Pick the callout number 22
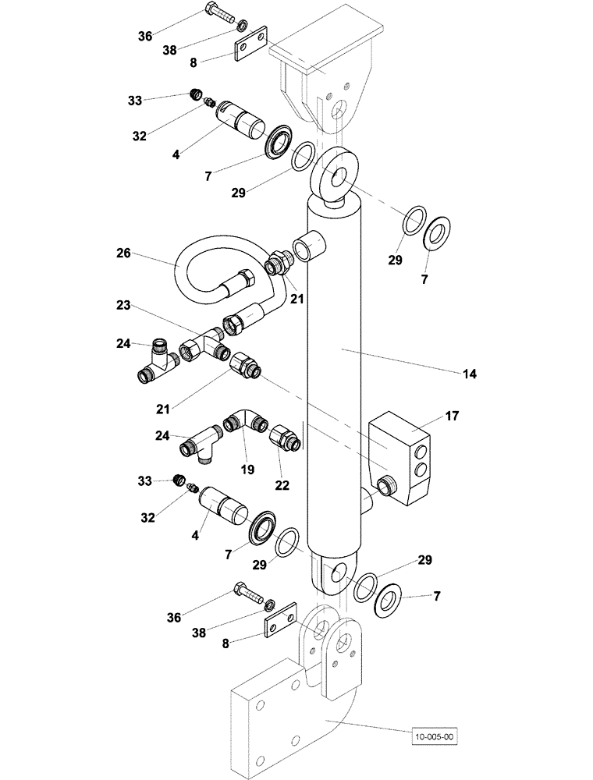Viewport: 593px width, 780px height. pos(282,484)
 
